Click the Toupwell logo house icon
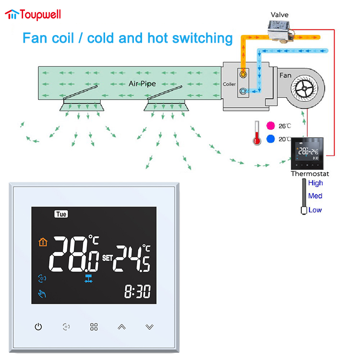[12, 14]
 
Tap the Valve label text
[279, 15]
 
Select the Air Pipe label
[142, 84]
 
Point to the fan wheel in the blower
[304, 88]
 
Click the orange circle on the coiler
[243, 74]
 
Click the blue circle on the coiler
[243, 91]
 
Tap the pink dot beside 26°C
[270, 126]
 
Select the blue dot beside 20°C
[270, 139]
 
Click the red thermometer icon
[257, 133]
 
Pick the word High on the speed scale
[315, 183]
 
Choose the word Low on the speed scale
[315, 210]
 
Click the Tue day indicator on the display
[61, 214]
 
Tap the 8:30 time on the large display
[138, 291]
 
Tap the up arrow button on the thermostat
[122, 327]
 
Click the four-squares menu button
[94, 327]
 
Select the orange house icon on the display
[43, 242]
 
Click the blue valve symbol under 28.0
[88, 278]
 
